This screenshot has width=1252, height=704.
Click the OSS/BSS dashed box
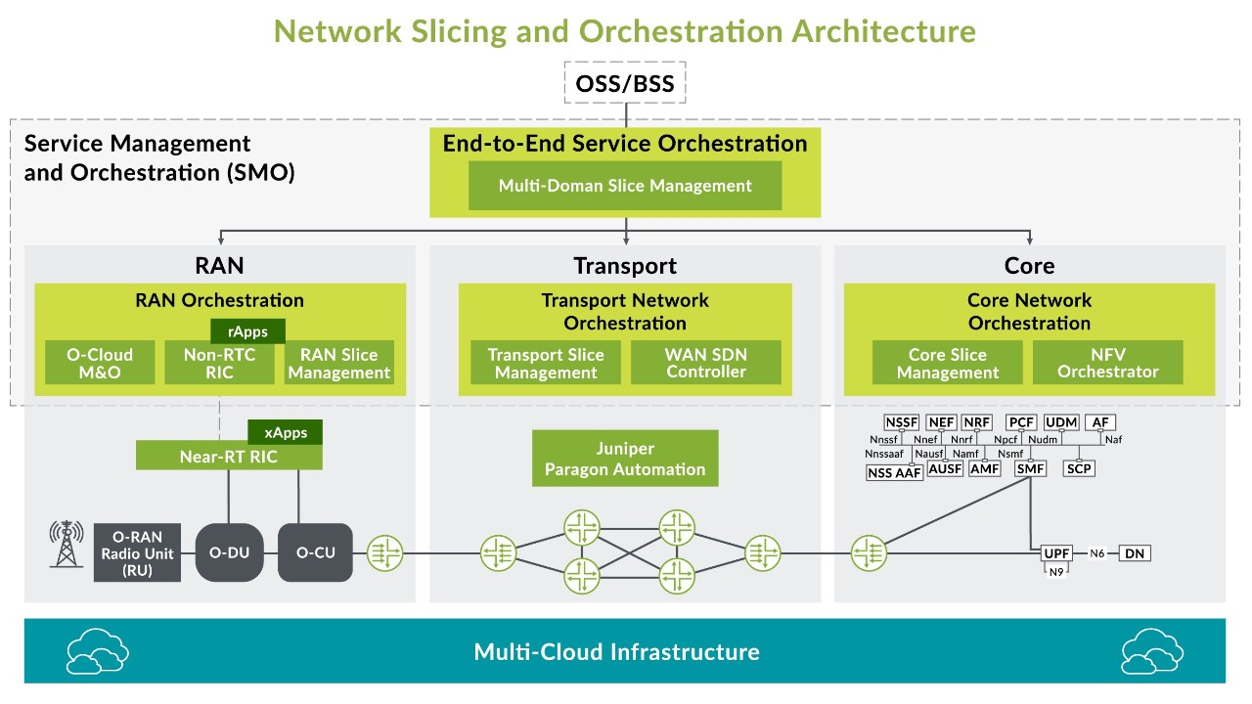coord(625,83)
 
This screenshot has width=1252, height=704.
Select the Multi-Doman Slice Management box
coord(625,186)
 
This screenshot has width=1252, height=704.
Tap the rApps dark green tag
coord(247,331)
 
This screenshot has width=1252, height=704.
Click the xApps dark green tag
coord(285,432)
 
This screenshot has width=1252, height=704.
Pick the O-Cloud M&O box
coord(100,363)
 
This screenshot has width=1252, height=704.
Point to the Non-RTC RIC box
coord(219,363)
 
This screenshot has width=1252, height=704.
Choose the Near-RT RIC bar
coord(228,456)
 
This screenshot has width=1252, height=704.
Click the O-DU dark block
coord(229,552)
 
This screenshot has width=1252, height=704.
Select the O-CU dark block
coord(315,552)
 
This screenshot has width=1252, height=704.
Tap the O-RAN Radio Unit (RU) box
coord(137,552)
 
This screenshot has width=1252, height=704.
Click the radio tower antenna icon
coord(66,545)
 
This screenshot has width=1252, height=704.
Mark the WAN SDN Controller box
coord(706,363)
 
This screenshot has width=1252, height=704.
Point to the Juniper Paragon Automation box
coord(625,459)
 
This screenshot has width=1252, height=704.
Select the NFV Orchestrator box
coord(1107,363)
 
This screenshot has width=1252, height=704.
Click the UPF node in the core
coord(1056,553)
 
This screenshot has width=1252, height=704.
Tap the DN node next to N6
coord(1135,553)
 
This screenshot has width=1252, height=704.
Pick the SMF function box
coord(1031,469)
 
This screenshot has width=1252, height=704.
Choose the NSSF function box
coord(901,422)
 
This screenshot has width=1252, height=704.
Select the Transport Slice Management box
coord(546,363)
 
